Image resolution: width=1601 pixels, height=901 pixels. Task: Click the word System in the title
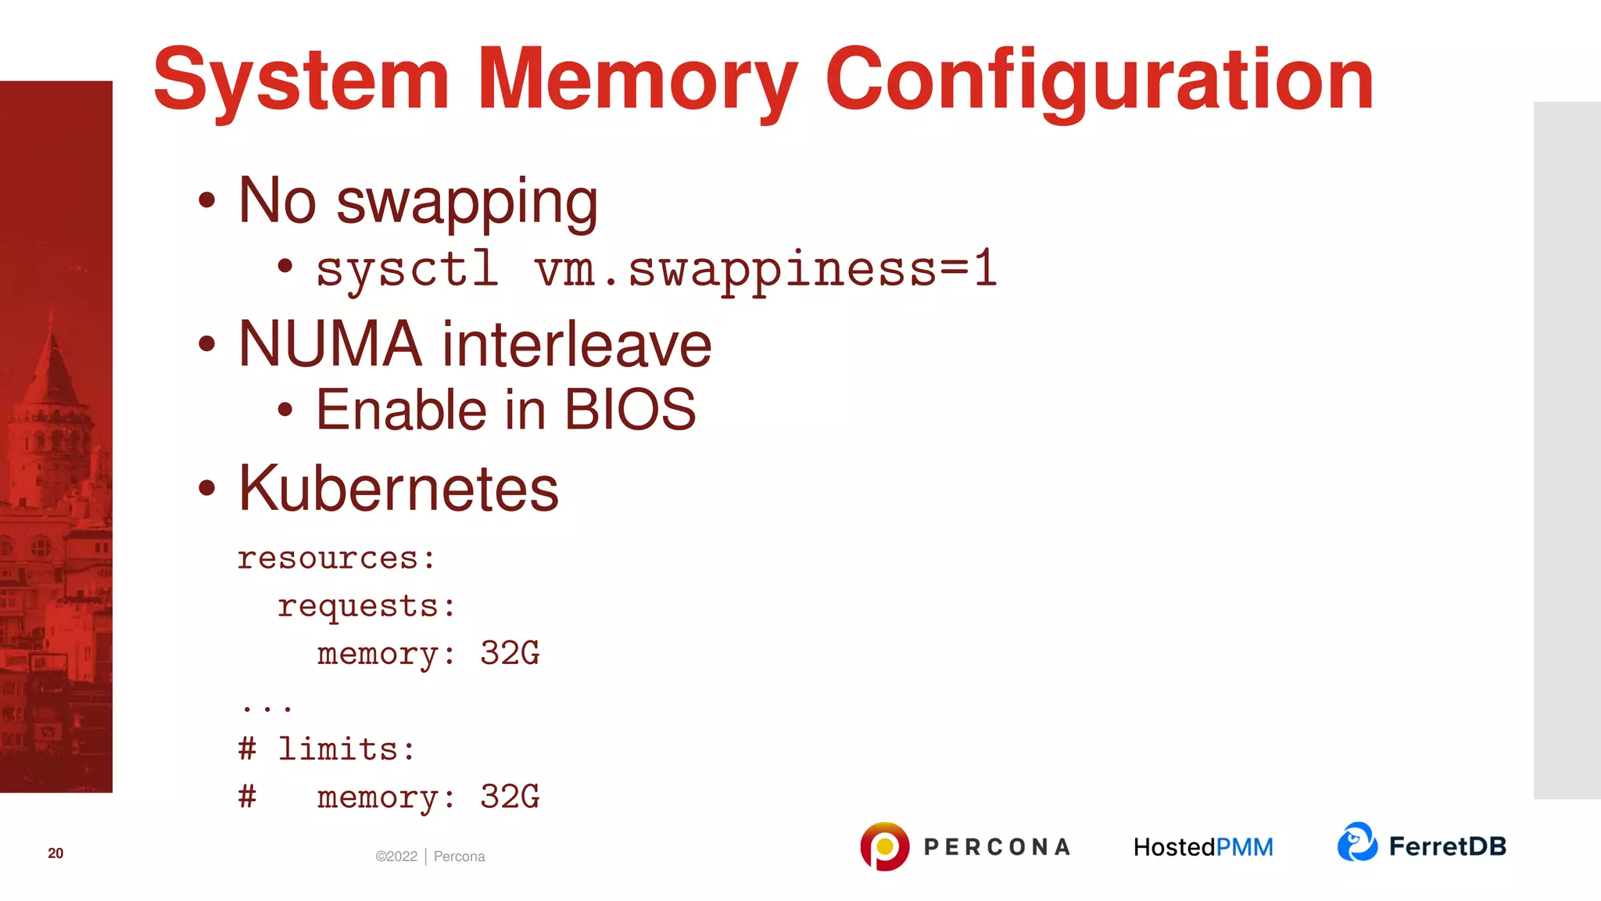click(x=301, y=80)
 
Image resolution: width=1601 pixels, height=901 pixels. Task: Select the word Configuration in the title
click(x=1098, y=80)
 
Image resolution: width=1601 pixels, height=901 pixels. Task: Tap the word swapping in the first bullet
click(x=467, y=203)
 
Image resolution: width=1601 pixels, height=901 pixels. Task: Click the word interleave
click(x=577, y=344)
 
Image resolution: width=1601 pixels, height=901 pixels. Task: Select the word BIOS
click(x=629, y=410)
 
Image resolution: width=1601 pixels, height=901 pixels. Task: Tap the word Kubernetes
click(x=399, y=489)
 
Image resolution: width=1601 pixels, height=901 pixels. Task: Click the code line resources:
click(x=336, y=558)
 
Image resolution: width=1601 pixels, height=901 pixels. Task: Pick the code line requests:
click(x=366, y=606)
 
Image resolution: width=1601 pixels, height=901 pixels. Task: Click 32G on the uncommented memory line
click(x=509, y=653)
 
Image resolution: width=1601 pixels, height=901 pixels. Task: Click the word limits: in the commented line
click(x=346, y=749)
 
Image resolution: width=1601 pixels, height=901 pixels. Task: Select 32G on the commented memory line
click(x=509, y=797)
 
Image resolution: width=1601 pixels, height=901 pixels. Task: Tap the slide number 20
click(x=56, y=853)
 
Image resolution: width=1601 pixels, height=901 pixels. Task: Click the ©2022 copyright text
click(x=396, y=856)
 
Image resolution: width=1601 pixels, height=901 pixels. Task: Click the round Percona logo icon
click(x=884, y=846)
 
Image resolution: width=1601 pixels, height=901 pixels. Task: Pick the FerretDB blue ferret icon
click(x=1357, y=842)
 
